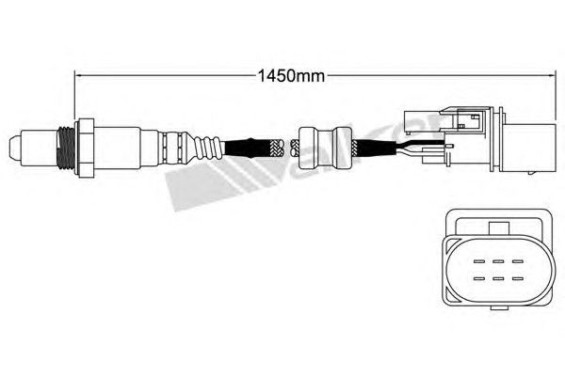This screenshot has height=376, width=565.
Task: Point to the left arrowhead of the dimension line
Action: (x=78, y=73)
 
